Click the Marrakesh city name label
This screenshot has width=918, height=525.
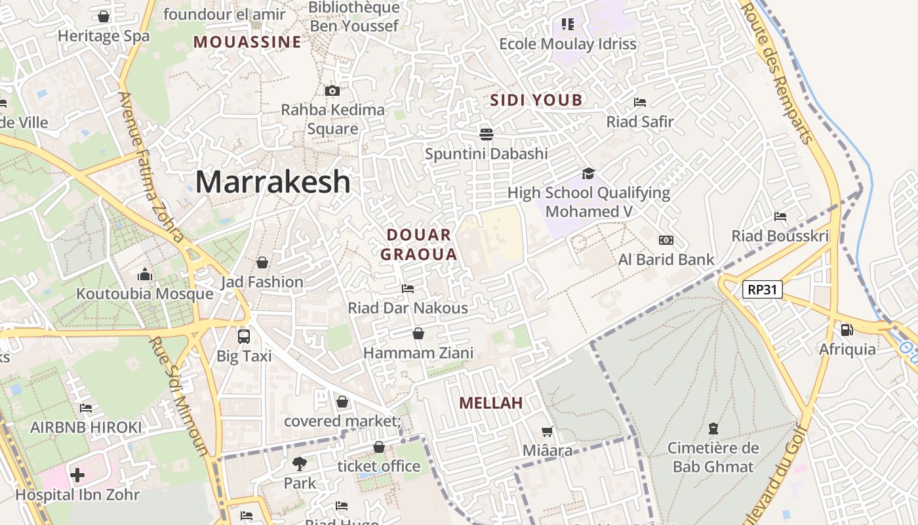[x=273, y=182]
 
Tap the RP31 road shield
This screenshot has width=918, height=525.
[x=763, y=289]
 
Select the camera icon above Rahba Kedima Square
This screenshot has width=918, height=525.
[x=332, y=91]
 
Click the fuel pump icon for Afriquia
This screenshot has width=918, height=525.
[x=847, y=330]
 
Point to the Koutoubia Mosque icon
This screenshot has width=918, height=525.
[x=145, y=274]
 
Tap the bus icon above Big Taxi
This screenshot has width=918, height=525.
[x=244, y=337]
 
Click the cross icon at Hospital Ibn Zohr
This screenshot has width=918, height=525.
[x=77, y=474]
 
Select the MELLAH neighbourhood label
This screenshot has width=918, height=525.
[x=491, y=403]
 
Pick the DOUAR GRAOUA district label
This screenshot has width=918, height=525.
[x=418, y=244]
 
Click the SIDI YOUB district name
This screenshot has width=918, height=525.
[x=536, y=100]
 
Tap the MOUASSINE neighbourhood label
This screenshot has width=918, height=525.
[x=247, y=43]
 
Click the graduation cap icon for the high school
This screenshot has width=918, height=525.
[x=588, y=173]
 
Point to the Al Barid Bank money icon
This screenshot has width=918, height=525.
[x=666, y=240]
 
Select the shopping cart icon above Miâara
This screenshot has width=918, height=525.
[x=548, y=431]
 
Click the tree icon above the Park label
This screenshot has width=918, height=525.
[x=300, y=464]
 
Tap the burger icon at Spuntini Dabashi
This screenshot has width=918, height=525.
[x=487, y=135]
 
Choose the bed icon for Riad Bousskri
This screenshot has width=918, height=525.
[x=780, y=217]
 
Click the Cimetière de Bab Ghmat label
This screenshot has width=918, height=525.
[x=713, y=457]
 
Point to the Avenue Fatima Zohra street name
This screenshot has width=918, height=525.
[x=151, y=167]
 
